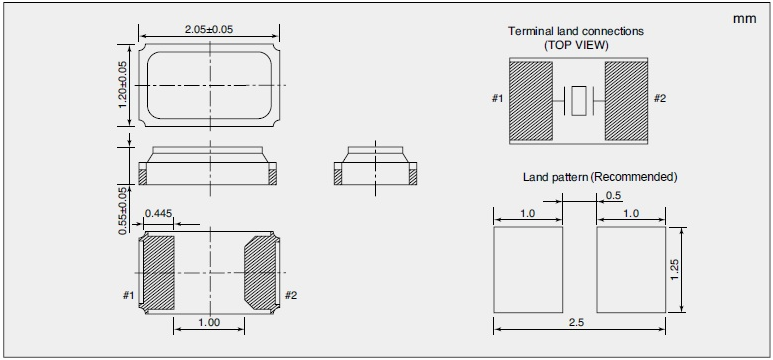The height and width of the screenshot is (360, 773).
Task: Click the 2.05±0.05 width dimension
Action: tap(209, 29)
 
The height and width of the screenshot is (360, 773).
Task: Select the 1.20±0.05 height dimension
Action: tap(123, 85)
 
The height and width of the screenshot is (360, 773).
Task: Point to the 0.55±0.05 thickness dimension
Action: tap(123, 211)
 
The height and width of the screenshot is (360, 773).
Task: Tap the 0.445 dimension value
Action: tap(158, 213)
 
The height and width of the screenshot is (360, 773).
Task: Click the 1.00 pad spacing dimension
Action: tap(209, 323)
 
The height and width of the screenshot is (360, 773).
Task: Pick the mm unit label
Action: tap(744, 19)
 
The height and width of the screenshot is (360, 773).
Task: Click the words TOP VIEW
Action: tap(576, 45)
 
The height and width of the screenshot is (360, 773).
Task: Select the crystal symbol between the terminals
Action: tap(579, 101)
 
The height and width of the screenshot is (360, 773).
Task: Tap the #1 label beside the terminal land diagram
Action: tap(497, 99)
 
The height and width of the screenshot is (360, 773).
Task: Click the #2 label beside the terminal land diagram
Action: tap(660, 98)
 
